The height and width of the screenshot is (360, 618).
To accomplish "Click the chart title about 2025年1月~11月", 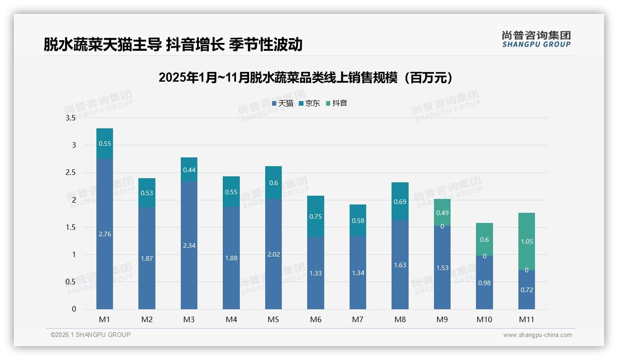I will [305, 78].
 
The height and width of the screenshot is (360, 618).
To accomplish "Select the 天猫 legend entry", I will [282, 103].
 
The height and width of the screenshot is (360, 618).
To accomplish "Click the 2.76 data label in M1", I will [105, 234].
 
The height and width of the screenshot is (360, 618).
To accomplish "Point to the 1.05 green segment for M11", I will [526, 241].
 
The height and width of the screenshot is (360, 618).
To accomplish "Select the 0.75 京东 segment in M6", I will [315, 216].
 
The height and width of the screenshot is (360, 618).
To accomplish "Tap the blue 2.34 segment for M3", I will [189, 246].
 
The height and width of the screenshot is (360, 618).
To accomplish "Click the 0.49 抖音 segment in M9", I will [442, 213].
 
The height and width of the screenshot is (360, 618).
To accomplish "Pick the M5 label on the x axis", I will [273, 319].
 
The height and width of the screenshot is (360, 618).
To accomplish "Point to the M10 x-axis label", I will [484, 319].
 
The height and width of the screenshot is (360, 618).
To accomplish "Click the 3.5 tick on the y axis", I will [71, 118].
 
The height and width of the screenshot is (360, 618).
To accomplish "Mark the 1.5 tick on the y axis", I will [71, 227].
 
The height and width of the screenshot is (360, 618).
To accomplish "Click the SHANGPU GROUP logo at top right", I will [536, 39].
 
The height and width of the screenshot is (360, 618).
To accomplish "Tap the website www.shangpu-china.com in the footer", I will [537, 335].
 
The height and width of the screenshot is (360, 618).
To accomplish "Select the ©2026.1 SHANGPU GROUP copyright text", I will [90, 335].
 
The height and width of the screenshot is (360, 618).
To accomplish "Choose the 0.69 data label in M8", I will [400, 202].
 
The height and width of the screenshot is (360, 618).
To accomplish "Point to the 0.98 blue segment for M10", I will [484, 283].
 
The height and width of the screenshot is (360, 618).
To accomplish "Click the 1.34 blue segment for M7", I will [358, 273].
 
